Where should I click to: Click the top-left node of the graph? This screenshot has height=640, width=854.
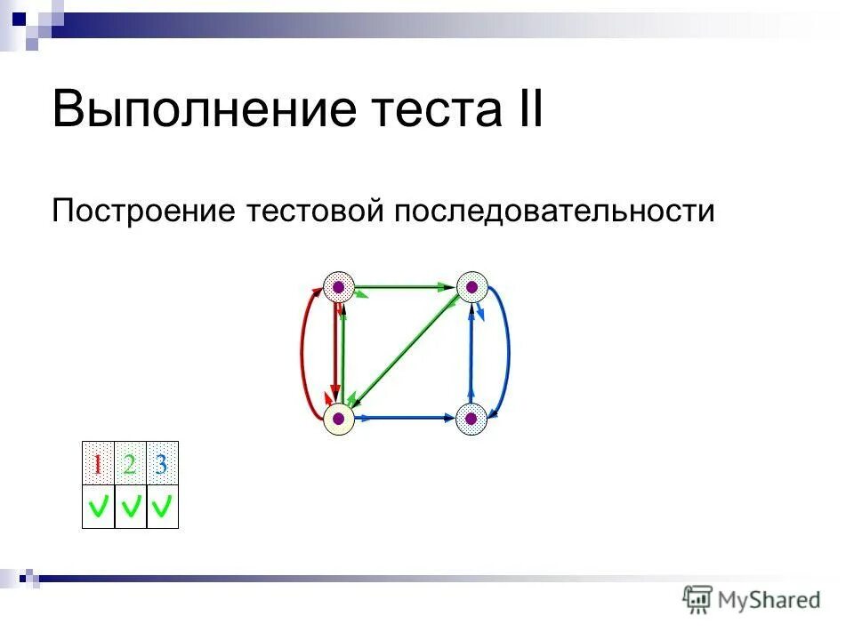tap(338, 286)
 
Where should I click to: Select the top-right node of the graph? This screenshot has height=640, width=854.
tap(472, 286)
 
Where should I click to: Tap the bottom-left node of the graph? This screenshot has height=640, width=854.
tap(338, 418)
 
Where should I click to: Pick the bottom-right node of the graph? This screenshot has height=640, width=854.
tap(471, 418)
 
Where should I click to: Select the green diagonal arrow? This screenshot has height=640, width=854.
tap(405, 350)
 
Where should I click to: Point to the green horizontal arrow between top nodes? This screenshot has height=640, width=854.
tap(405, 287)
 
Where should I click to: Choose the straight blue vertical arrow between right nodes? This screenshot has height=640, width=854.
tap(471, 352)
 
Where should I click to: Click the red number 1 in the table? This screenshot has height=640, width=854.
tap(98, 464)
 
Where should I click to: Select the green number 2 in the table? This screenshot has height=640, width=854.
tap(130, 464)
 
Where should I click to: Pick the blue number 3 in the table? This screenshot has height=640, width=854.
tap(162, 464)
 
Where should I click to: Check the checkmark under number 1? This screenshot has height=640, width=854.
tap(98, 508)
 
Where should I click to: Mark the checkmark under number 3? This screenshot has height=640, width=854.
tap(162, 508)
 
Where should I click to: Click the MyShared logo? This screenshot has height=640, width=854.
tap(752, 599)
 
